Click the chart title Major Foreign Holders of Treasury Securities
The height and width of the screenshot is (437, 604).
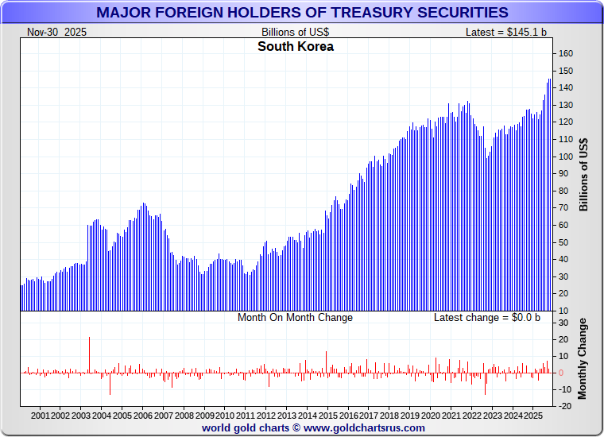(x=302, y=12)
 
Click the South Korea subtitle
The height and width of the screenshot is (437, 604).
(x=296, y=47)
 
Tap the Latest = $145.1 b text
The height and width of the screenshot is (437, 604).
(x=506, y=32)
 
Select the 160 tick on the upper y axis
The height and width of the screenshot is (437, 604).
(x=566, y=53)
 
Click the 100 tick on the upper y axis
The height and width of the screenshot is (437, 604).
(x=566, y=157)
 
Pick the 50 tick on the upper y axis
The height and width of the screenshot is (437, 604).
(x=566, y=242)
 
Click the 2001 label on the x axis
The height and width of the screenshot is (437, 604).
(x=41, y=416)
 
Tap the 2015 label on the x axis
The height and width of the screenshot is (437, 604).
(x=328, y=416)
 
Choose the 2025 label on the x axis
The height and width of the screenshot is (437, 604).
(x=534, y=416)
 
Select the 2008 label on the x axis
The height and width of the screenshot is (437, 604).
(x=184, y=416)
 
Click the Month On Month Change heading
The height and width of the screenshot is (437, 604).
(x=295, y=318)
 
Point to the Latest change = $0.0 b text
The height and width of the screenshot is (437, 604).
(x=486, y=318)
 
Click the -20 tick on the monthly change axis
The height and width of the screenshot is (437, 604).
(x=566, y=406)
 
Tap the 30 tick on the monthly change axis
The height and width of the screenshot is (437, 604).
(x=566, y=323)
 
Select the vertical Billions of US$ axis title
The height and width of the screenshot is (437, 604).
(x=584, y=174)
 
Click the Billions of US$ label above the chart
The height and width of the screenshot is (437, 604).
(x=295, y=32)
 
